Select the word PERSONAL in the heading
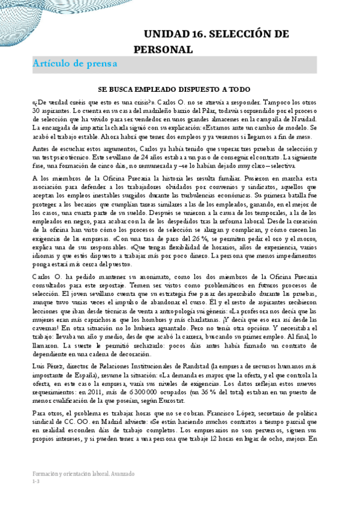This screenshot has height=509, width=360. point(163,49)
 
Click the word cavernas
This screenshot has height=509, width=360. point(47,323)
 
